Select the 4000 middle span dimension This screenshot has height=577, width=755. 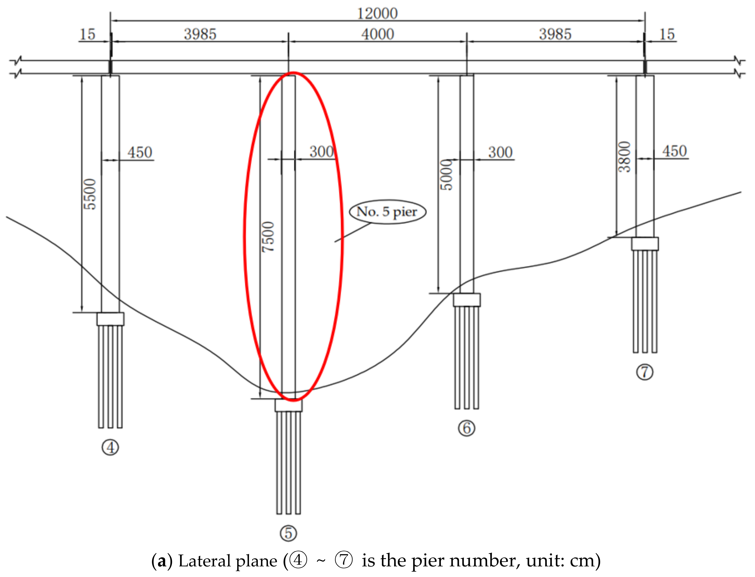point(377,34)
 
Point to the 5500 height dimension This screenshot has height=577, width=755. point(90,194)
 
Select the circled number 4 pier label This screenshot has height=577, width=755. point(111,448)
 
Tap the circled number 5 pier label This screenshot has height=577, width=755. point(288,533)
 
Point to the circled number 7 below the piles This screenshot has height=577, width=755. point(644,372)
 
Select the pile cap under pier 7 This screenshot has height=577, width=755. point(645,244)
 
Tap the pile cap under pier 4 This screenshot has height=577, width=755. point(111,319)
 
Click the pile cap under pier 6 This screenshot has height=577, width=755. point(467,300)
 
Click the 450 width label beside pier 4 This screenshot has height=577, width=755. point(140,152)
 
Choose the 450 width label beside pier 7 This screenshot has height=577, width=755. point(674,151)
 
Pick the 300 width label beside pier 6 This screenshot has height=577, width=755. point(500,152)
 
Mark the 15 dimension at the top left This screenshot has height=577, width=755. point(87,34)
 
